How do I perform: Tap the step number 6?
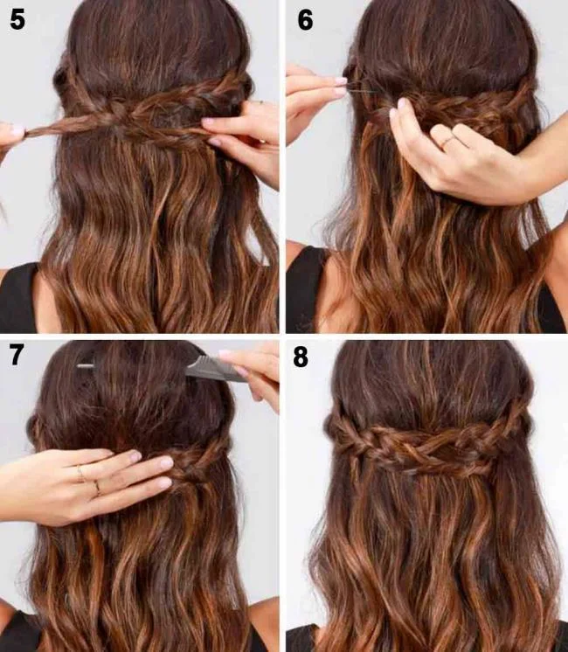click(x=304, y=20)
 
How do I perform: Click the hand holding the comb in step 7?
click(x=253, y=371)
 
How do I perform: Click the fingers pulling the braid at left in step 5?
click(x=12, y=133)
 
